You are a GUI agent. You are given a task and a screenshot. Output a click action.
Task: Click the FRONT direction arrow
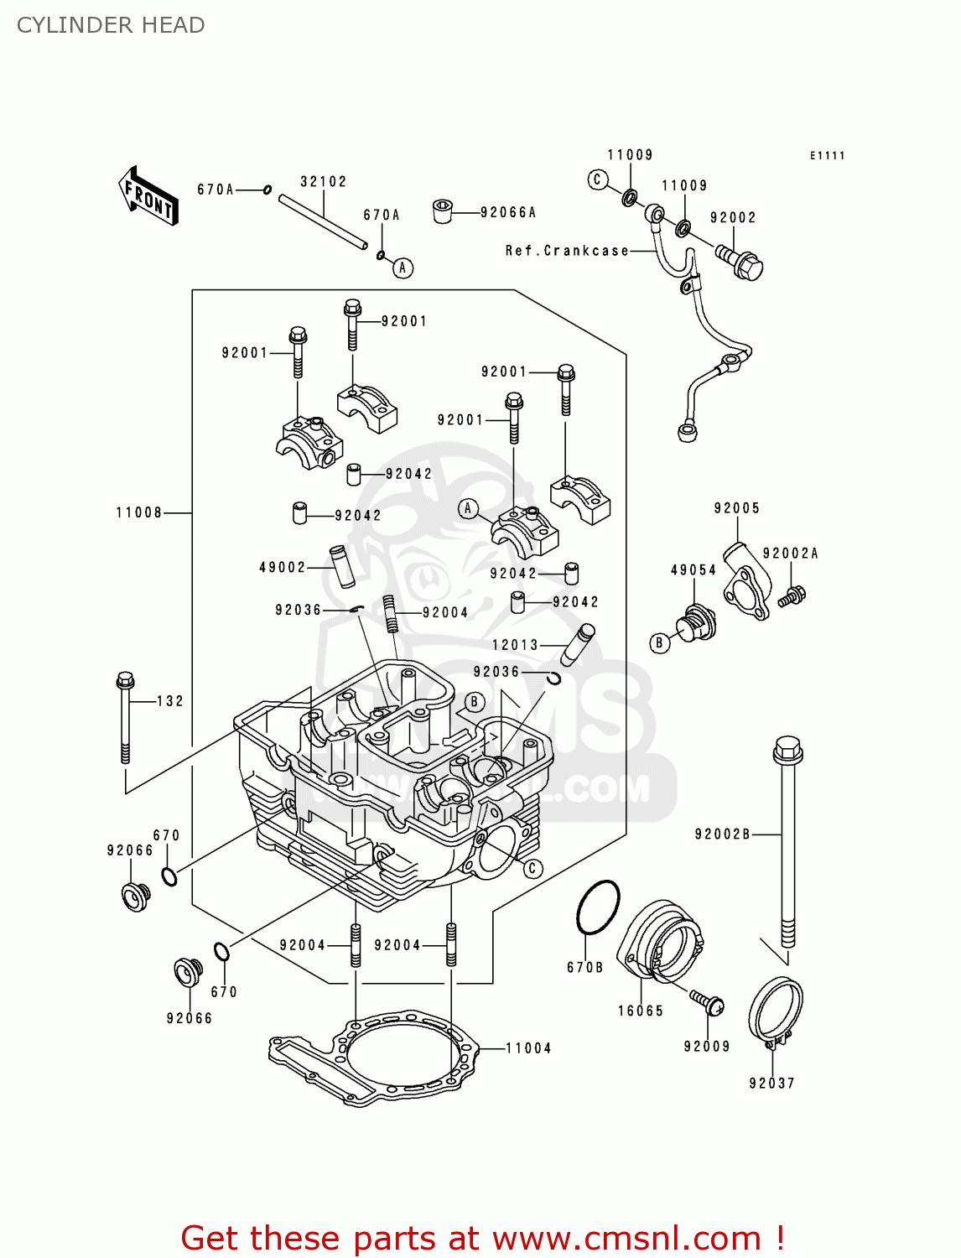(x=148, y=196)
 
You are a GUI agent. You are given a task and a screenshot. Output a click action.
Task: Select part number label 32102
(x=324, y=182)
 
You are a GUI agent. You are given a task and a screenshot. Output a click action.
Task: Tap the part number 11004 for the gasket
(x=528, y=1048)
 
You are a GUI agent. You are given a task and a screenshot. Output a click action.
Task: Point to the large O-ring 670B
(x=598, y=907)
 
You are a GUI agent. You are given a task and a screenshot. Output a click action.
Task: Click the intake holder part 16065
(x=662, y=939)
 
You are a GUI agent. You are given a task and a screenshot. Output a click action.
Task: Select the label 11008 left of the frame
(x=139, y=512)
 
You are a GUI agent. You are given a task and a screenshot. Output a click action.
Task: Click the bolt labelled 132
(x=126, y=717)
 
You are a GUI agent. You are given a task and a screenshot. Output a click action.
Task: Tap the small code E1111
(x=827, y=155)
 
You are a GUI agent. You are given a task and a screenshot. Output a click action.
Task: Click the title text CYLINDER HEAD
(x=111, y=25)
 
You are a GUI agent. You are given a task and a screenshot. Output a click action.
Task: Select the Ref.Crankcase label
(x=567, y=251)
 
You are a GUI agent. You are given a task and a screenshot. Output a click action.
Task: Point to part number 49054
(x=693, y=570)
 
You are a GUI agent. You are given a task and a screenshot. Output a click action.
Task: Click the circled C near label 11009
(x=598, y=179)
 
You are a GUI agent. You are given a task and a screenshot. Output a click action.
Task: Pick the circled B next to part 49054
(x=660, y=643)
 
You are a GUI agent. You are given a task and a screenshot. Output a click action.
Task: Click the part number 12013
(x=515, y=645)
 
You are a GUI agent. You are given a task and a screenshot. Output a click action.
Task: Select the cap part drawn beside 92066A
(x=443, y=211)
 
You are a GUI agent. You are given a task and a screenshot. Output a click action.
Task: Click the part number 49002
(x=283, y=568)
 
